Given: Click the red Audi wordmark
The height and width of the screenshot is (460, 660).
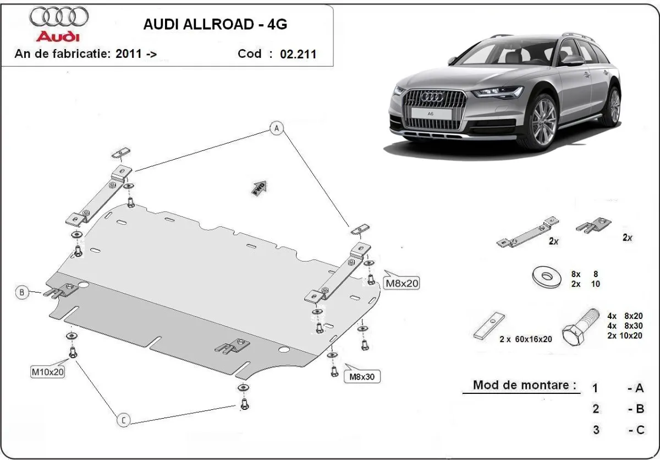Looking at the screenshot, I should [57, 37].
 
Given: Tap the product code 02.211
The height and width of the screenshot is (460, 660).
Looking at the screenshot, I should [298, 54].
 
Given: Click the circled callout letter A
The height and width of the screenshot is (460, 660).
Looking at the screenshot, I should [277, 128].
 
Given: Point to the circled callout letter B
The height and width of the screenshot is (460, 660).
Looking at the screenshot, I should [22, 293].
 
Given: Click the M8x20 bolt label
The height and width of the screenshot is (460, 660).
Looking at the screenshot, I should [402, 284].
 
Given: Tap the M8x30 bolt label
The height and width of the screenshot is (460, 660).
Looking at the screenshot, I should [362, 377].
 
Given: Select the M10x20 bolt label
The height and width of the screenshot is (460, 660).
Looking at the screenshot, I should [48, 372].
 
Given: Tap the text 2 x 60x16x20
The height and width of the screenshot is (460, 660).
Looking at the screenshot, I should [525, 339].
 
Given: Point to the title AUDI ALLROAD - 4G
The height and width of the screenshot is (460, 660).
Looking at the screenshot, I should [215, 24].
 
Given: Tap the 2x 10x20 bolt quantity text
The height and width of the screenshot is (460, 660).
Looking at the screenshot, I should [625, 335].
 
